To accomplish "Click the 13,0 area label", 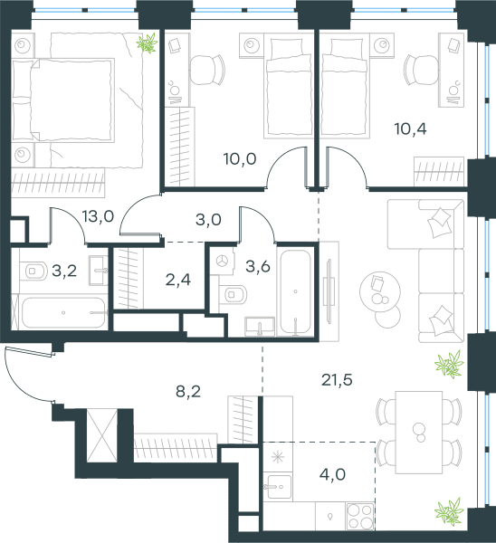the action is [99, 216].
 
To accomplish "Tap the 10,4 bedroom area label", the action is [410, 129].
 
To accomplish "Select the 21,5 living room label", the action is [337, 380].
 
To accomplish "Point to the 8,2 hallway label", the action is [188, 392].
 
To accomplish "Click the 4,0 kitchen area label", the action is [332, 474].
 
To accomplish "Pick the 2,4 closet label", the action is [178, 280].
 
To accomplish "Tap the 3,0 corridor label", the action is [208, 220].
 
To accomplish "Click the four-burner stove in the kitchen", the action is [360, 516].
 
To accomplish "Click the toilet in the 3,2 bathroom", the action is [33, 271].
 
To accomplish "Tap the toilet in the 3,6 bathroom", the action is [234, 295].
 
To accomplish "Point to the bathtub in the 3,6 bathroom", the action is [295, 291].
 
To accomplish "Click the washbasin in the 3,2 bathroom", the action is [99, 270].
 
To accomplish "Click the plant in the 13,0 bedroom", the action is [147, 43].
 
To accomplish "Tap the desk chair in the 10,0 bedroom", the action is [207, 70].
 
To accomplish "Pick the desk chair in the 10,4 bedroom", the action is [421, 70].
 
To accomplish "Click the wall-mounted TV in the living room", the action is [329, 291].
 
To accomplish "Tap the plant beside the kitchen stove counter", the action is [450, 510].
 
